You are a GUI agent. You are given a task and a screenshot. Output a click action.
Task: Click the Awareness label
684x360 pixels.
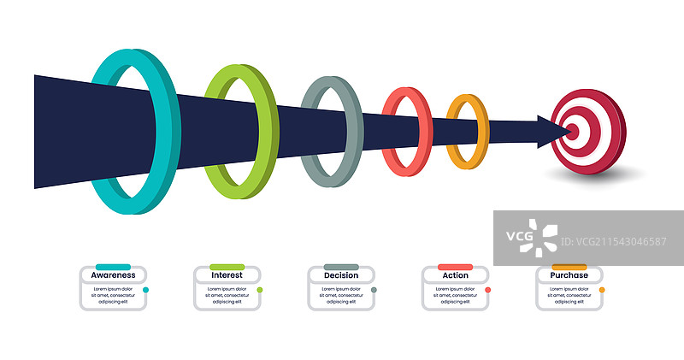pyautogui.click(x=113, y=275)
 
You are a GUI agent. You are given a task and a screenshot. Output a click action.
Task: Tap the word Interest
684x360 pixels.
pyautogui.click(x=227, y=275)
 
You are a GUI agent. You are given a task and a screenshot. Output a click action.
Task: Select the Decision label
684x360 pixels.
pyautogui.click(x=341, y=275)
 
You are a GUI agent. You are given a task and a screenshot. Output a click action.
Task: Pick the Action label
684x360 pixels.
pyautogui.click(x=455, y=275)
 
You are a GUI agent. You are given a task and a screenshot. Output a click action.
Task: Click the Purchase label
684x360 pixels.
pyautogui.click(x=569, y=275)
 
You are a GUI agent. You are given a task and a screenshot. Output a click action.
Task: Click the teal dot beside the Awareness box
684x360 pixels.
pyautogui.click(x=146, y=290)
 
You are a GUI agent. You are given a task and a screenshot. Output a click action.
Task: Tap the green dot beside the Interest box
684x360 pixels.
pyautogui.click(x=260, y=290)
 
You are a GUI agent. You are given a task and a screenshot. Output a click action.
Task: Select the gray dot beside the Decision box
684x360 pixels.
pyautogui.click(x=374, y=290)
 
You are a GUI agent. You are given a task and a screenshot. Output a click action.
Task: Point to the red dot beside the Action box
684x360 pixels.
pyautogui.click(x=487, y=290)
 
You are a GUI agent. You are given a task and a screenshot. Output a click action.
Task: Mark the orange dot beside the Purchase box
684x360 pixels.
pyautogui.click(x=602, y=290)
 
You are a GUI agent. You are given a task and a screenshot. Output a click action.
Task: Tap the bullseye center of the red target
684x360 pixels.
pyautogui.click(x=572, y=131)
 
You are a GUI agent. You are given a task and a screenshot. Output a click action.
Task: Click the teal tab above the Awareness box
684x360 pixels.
pyautogui.click(x=113, y=267)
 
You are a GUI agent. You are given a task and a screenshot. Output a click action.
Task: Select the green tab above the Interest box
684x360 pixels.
pyautogui.click(x=227, y=267)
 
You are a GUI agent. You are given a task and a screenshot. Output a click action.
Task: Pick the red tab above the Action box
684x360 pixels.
pyautogui.click(x=455, y=267)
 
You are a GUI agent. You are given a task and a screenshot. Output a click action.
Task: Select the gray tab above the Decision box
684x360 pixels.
pyautogui.click(x=341, y=267)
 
